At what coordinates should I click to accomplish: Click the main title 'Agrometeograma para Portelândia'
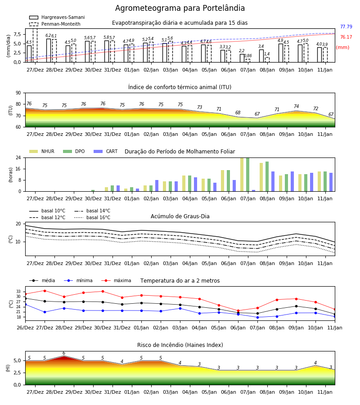pyautogui.click(x=180, y=8)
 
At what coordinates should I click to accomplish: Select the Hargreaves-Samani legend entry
pyautogui.click(x=57, y=17)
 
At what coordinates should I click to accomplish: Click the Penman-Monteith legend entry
pyautogui.click(x=55, y=24)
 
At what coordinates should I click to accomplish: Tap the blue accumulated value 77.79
pyautogui.click(x=346, y=27)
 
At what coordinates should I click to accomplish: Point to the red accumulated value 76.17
pyautogui.click(x=346, y=37)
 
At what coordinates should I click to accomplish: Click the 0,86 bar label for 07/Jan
pyautogui.click(x=248, y=55)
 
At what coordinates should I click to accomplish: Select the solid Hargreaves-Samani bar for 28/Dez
pyautogui.click(x=49, y=50)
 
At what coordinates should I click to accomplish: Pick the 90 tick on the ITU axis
pyautogui.click(x=18, y=93)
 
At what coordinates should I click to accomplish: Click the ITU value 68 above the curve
pyautogui.click(x=238, y=112)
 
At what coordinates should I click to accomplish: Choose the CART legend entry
pyautogui.click(x=106, y=151)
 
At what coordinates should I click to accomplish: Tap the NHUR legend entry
pyautogui.click(x=42, y=151)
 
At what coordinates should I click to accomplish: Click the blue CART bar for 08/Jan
pyautogui.click(x=273, y=181)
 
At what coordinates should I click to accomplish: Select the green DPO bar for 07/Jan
pyautogui.click(x=248, y=175)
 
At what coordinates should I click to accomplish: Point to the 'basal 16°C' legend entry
pyautogui.click(x=92, y=217)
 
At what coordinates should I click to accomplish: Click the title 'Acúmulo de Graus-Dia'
pyautogui.click(x=180, y=216)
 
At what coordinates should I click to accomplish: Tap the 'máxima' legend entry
pyautogui.click(x=117, y=280)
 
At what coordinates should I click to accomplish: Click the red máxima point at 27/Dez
pyautogui.click(x=45, y=291)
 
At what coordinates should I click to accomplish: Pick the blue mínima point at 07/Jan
pyautogui.click(x=257, y=317)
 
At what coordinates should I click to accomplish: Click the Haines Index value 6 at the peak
pyautogui.click(x=64, y=353)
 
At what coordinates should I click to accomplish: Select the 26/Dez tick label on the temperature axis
pyautogui.click(x=25, y=328)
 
